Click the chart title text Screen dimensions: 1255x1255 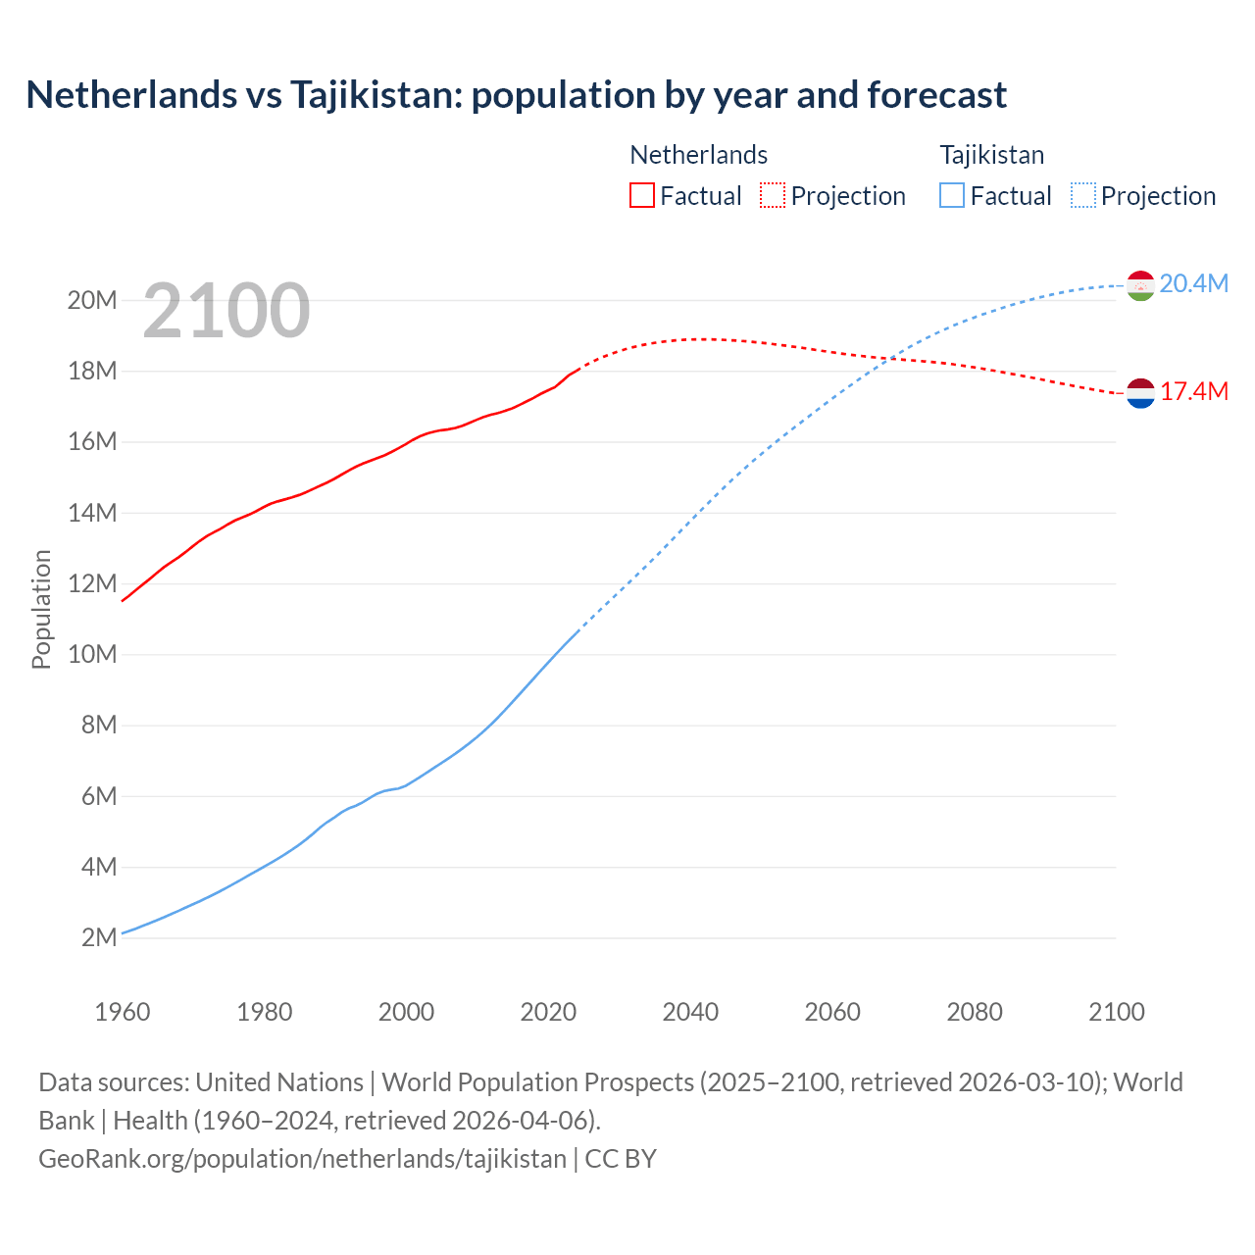coord(516,95)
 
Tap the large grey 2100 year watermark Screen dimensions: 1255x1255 coord(226,311)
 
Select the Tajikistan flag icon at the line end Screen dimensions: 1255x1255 coord(1140,285)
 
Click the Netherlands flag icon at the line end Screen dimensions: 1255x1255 coord(1140,393)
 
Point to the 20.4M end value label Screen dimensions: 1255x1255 coord(1193,284)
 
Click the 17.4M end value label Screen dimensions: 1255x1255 coord(1193,392)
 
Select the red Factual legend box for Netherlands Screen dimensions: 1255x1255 coord(642,196)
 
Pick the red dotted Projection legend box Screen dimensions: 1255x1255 coord(773,196)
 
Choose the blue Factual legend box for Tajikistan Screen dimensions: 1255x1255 coord(952,196)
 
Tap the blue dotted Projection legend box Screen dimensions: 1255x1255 coord(1083,196)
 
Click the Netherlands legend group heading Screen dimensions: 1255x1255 coord(698,155)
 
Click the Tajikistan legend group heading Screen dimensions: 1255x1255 coord(991,155)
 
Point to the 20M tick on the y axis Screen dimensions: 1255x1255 coord(92,300)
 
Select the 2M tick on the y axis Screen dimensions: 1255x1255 coord(99,938)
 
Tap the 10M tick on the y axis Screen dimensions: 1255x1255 coord(92,655)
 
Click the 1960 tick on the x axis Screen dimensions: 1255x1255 coord(123,1012)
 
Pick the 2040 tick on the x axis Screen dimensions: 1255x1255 coord(690,1012)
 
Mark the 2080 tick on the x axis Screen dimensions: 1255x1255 coord(975,1012)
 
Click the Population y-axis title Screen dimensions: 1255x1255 coord(41,609)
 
